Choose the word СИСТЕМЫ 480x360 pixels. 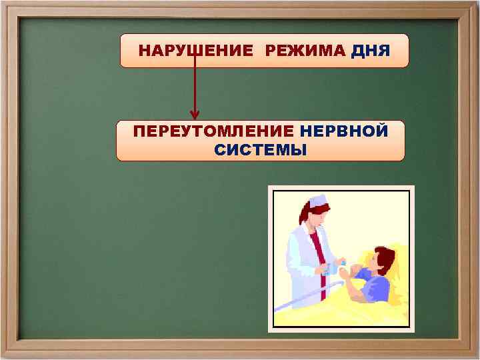click(x=261, y=150)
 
